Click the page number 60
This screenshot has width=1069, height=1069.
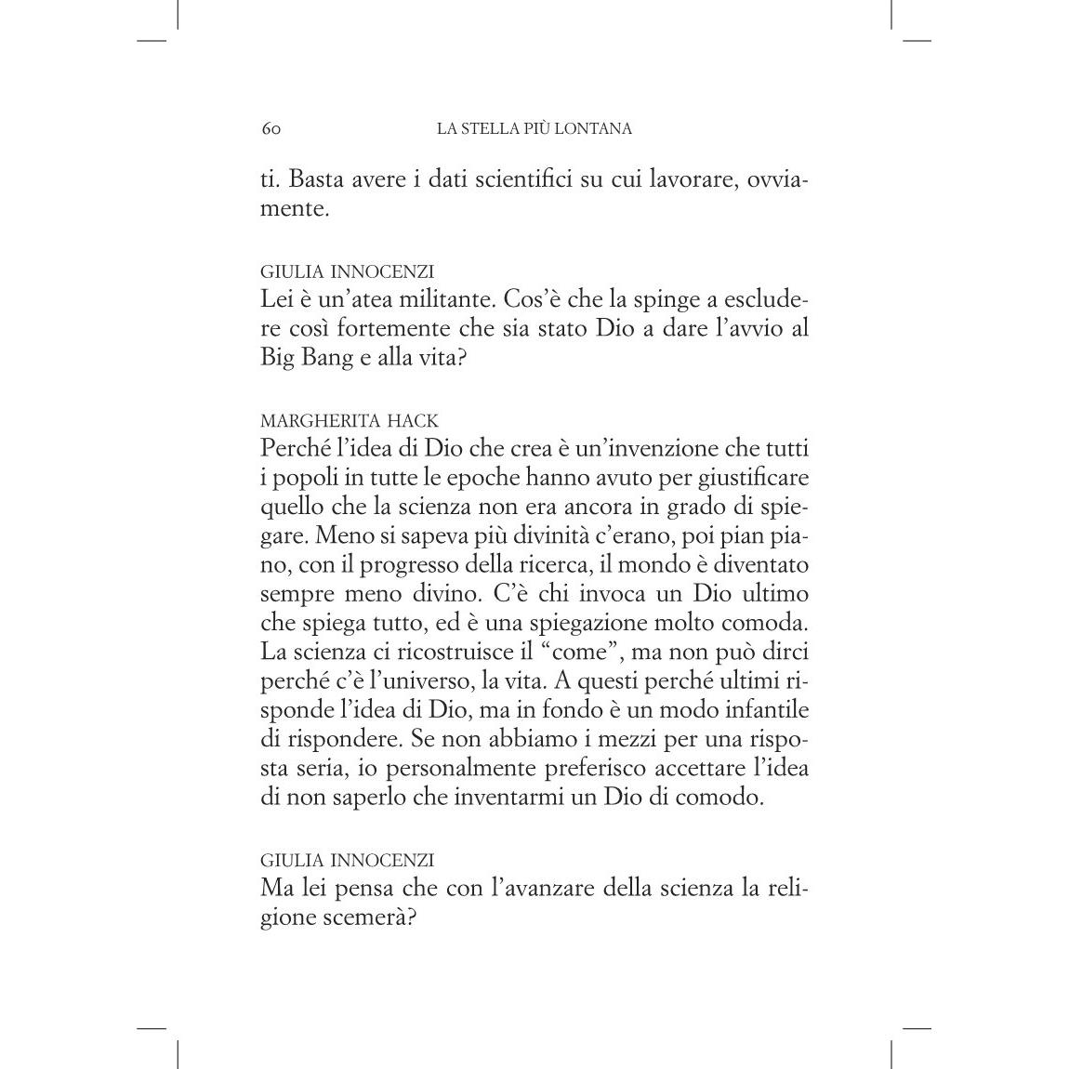(x=271, y=129)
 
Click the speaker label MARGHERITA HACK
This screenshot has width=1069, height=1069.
(x=350, y=420)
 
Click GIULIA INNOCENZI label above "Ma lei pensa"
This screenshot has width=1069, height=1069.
(x=347, y=860)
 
